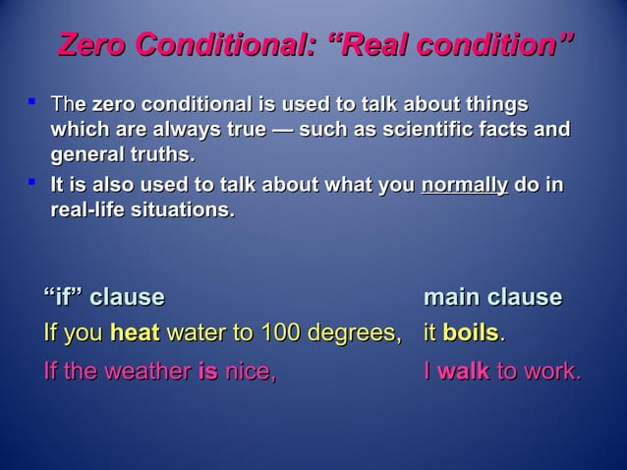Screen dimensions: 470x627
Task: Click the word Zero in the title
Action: click(x=93, y=45)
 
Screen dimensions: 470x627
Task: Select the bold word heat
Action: click(x=135, y=334)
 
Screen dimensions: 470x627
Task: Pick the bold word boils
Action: click(x=471, y=334)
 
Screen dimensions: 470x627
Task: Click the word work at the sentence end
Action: click(x=554, y=373)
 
